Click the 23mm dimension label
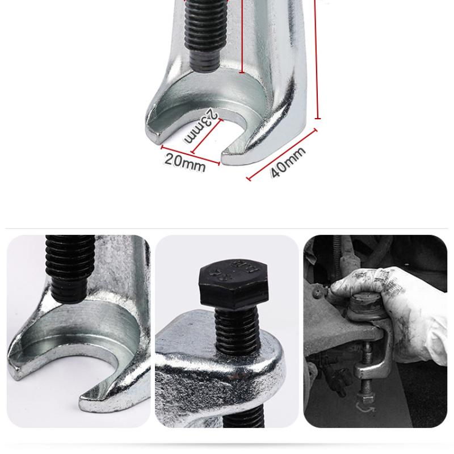pyautogui.click(x=201, y=126)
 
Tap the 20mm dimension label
pyautogui.click(x=185, y=162)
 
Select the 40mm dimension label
pyautogui.click(x=288, y=161)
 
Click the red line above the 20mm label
pyautogui.click(x=190, y=155)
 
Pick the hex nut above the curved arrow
pyautogui.click(x=364, y=391)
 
